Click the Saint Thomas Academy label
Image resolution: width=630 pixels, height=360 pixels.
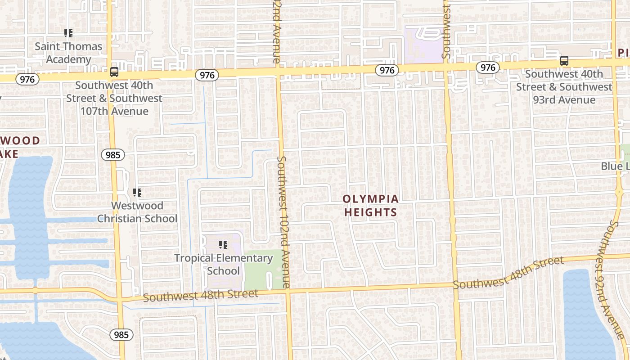68,53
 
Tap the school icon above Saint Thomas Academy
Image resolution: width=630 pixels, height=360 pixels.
68,33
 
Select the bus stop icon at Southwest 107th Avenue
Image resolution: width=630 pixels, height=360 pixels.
114,72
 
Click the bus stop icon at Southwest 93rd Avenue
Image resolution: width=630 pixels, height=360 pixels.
564,60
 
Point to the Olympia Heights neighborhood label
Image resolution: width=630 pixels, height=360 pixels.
370,205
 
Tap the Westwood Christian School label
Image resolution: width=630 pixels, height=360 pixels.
137,212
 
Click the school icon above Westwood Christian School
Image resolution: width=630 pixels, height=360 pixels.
137,193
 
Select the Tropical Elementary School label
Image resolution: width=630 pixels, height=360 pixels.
223,264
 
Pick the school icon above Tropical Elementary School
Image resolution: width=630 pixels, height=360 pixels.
223,245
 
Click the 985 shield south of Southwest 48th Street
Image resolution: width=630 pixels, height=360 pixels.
121,334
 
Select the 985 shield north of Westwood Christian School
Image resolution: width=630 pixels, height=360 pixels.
112,155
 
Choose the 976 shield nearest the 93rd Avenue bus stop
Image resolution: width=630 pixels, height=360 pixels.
487,67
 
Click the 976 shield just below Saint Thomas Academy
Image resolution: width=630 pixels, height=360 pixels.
27,79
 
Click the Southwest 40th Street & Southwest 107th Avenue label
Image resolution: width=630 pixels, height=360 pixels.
114,98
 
